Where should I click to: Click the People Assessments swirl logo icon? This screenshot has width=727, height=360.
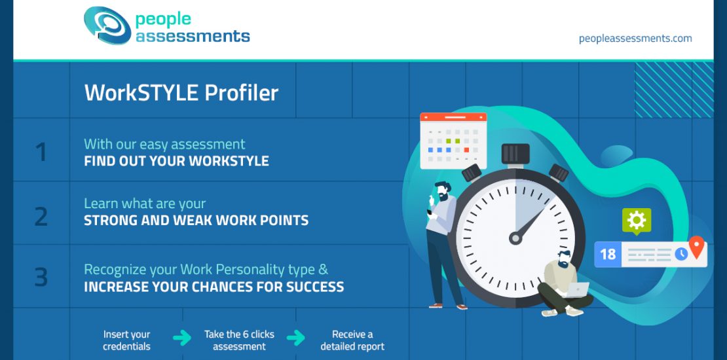[x=107, y=25]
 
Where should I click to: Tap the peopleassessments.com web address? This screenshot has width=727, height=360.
[x=635, y=39]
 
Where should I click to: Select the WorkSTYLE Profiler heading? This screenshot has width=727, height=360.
[x=181, y=93]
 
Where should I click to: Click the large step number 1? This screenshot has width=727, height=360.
[x=41, y=152]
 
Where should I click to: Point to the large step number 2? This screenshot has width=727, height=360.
[x=41, y=217]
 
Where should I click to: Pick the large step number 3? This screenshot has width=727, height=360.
[x=41, y=277]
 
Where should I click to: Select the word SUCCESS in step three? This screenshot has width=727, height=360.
[x=315, y=287]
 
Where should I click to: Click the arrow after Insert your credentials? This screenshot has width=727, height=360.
[x=182, y=338]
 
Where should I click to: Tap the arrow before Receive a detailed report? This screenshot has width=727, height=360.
[x=296, y=338]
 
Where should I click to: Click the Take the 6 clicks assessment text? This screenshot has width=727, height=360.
[x=239, y=340]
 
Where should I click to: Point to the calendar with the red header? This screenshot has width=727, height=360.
[x=453, y=141]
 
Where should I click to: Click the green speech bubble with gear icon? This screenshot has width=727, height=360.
[x=637, y=221]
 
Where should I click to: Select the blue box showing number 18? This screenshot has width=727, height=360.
[x=608, y=255]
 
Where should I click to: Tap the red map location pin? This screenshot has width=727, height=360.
[x=697, y=247]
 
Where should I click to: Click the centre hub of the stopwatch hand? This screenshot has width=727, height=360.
[x=515, y=238]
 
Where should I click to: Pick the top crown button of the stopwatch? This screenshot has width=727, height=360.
[x=515, y=154]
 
